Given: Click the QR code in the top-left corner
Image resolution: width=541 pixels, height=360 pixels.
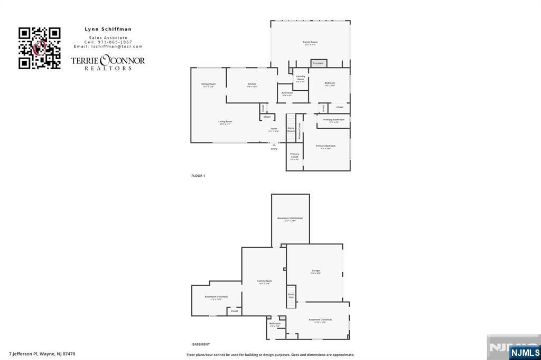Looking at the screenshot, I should (40, 48).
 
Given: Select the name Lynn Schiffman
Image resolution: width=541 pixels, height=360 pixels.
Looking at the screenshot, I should (108, 29).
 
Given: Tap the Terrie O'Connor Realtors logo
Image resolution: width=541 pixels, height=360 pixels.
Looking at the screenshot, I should (108, 62).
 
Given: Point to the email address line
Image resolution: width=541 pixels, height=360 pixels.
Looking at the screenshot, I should (108, 46).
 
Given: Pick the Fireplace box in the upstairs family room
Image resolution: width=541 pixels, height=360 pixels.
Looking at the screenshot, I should (318, 63).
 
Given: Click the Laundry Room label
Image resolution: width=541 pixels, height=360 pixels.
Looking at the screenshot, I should (301, 78).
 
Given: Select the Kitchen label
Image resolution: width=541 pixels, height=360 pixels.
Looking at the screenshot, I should (252, 84).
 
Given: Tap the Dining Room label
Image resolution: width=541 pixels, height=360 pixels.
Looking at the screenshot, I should (209, 84).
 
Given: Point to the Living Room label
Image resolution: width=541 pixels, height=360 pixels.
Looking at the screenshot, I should (226, 121).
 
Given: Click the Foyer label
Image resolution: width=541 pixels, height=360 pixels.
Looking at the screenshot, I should (274, 129).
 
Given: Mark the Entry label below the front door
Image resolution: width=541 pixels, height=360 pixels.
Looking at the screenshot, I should (274, 149).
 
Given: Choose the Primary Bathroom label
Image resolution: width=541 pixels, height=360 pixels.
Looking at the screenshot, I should (334, 120).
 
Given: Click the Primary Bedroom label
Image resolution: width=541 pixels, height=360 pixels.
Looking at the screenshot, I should (325, 146).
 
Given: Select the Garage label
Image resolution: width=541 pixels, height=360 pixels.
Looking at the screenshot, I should (315, 271).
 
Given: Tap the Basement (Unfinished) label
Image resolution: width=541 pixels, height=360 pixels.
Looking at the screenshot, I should (290, 219).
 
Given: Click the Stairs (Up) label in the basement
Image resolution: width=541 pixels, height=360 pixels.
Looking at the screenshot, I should (291, 296).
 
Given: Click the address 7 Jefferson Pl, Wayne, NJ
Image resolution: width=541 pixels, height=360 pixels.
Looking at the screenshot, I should (42, 354).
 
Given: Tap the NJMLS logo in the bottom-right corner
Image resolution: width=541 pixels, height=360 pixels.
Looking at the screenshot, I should (525, 352).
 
